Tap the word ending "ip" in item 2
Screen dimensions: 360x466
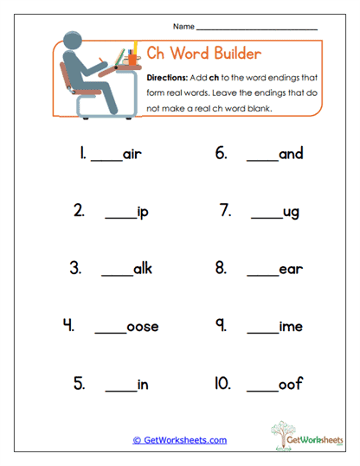[143, 212]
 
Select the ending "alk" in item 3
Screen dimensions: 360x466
[142, 269]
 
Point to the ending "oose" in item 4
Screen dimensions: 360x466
[143, 327]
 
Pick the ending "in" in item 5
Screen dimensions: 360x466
[143, 385]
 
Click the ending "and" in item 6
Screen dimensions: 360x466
[291, 154]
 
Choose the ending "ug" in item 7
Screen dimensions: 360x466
[291, 212]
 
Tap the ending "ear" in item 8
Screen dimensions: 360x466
[291, 269]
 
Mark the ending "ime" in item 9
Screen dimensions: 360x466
[291, 327]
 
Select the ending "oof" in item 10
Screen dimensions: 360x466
[291, 385]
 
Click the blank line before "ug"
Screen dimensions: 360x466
[264, 217]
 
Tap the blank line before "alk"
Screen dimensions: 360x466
[116, 275]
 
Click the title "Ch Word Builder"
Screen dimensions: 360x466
[203, 54]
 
